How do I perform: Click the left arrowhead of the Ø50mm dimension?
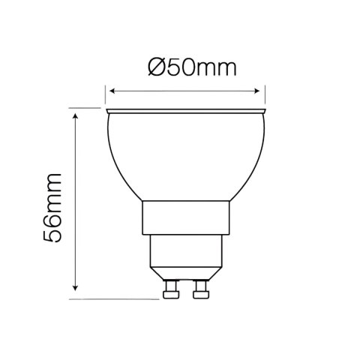111,91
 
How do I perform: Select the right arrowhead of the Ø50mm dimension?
263,91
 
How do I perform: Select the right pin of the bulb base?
201,287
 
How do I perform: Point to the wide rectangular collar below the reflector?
187,217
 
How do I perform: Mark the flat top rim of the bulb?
187,112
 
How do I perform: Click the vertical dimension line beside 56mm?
76,202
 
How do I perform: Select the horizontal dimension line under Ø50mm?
187,91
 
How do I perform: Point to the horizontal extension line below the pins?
112,298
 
